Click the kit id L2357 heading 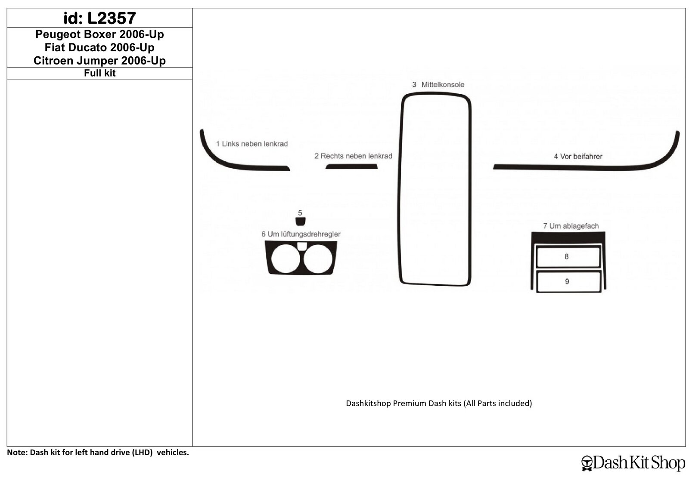pyautogui.click(x=99, y=18)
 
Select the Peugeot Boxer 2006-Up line pyautogui.click(x=99, y=34)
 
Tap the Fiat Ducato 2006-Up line pyautogui.click(x=99, y=47)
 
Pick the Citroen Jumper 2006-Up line pyautogui.click(x=99, y=61)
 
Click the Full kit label pyautogui.click(x=99, y=73)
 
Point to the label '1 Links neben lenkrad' pyautogui.click(x=252, y=144)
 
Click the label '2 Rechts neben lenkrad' pyautogui.click(x=353, y=156)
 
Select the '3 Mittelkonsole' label pyautogui.click(x=438, y=84)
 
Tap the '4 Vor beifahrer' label pyautogui.click(x=578, y=157)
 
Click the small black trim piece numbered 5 pyautogui.click(x=300, y=221)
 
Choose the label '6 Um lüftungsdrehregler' pyautogui.click(x=301, y=234)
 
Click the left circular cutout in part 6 pyautogui.click(x=286, y=259)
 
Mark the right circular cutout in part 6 pyautogui.click(x=318, y=259)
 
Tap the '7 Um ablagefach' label pyautogui.click(x=571, y=226)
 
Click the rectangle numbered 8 pyautogui.click(x=568, y=256)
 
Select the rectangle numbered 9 pyautogui.click(x=568, y=281)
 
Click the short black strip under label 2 pyautogui.click(x=351, y=166)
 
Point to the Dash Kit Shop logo pyautogui.click(x=633, y=463)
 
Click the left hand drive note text pyautogui.click(x=98, y=452)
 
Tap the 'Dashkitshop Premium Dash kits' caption pyautogui.click(x=439, y=403)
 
